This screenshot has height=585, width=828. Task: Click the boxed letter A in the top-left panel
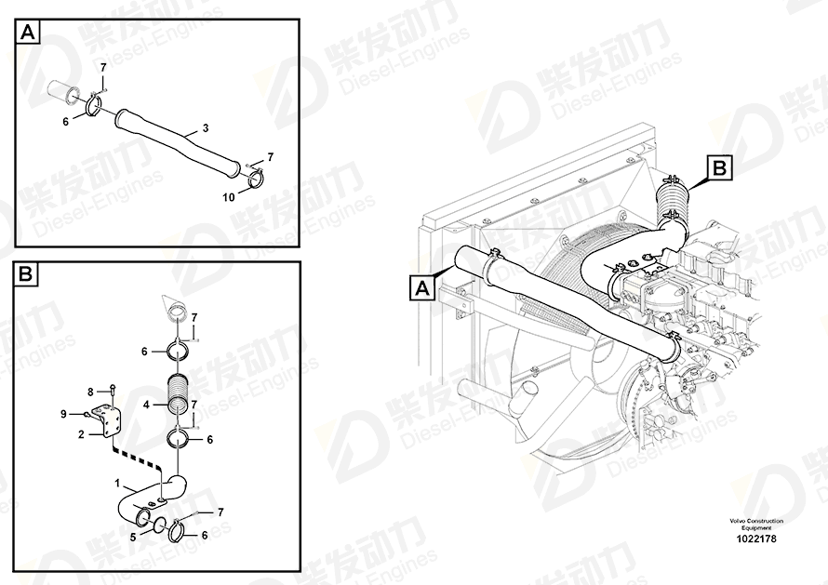[28, 33]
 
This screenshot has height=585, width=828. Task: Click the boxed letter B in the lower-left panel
[26, 274]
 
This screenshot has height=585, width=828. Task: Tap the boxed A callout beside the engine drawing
[422, 289]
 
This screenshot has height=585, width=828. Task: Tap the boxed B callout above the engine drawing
[719, 168]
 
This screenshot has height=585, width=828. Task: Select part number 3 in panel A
[206, 127]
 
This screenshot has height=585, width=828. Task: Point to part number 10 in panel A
[229, 197]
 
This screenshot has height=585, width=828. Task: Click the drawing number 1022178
[756, 538]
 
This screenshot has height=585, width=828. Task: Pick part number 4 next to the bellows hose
[147, 405]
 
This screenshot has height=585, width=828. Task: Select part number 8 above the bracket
[90, 392]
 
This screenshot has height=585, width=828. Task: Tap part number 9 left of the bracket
[63, 414]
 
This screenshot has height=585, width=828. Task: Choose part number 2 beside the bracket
[81, 434]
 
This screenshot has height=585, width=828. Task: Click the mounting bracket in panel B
[109, 420]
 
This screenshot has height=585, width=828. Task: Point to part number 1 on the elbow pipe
[117, 483]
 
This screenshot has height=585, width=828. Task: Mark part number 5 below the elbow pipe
[133, 537]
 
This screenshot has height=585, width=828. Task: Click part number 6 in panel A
[65, 122]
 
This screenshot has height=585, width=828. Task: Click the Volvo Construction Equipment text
[756, 525]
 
